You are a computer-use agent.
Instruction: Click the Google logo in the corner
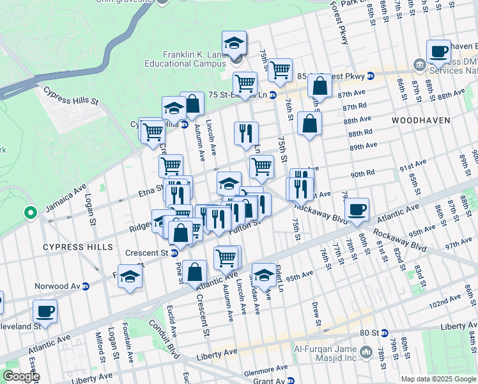[x=21, y=376]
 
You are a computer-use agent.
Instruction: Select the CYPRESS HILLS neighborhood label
[x=69, y=247]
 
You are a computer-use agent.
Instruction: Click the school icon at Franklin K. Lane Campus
[x=235, y=44]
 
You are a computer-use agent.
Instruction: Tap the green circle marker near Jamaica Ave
[x=29, y=212]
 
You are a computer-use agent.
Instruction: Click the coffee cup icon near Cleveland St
[x=45, y=312]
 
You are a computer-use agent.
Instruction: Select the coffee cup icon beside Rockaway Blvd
[x=357, y=209]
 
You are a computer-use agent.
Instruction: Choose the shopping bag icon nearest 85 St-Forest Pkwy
[x=320, y=86]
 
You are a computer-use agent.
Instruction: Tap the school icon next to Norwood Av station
[x=130, y=277]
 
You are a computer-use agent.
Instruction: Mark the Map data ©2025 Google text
[x=438, y=379]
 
